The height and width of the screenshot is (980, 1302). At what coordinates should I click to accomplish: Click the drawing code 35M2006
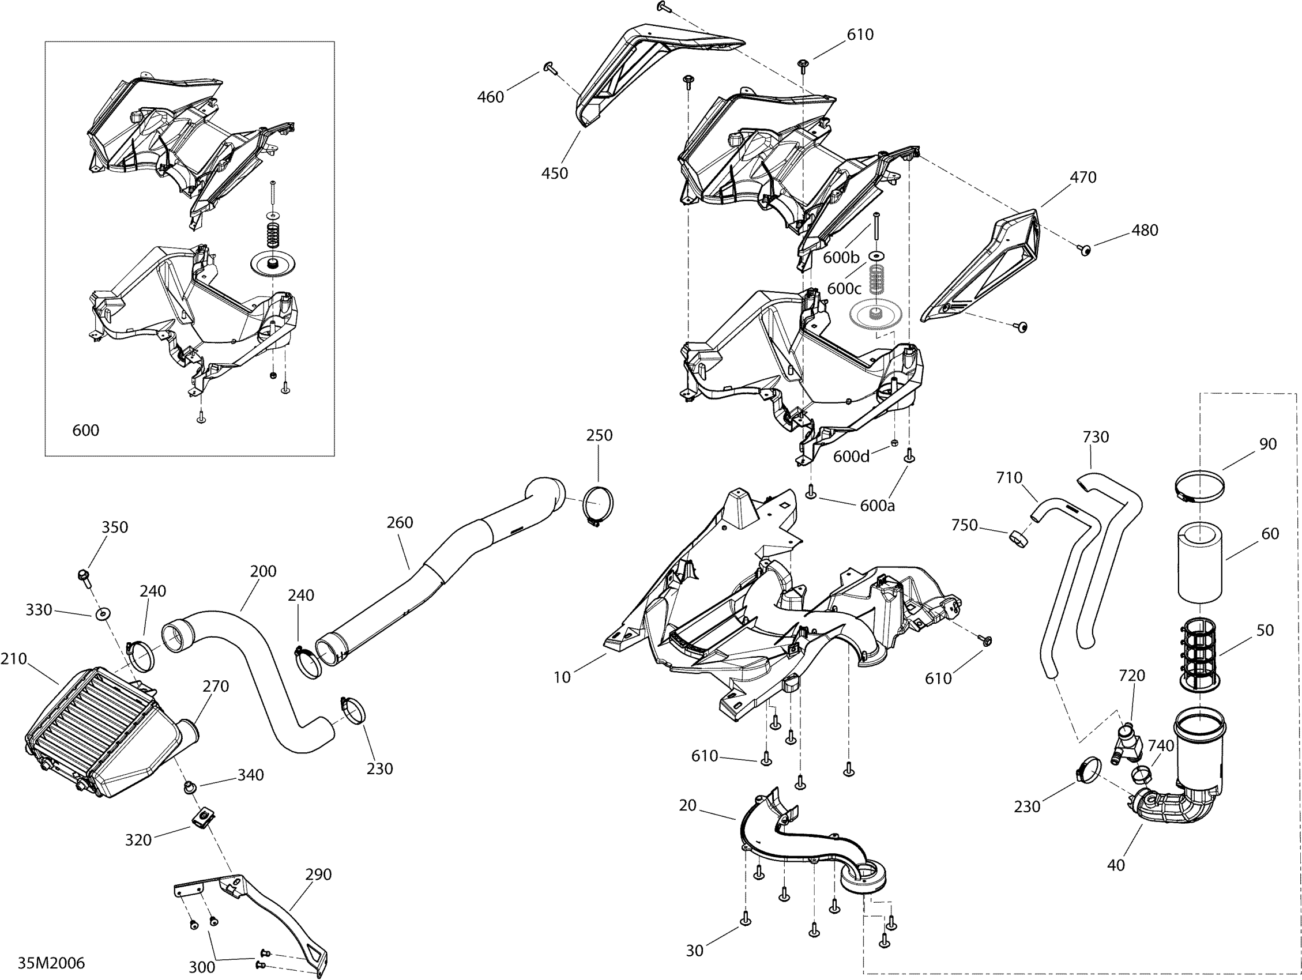pos(51,963)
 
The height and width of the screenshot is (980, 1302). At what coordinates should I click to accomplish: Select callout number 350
pos(114,527)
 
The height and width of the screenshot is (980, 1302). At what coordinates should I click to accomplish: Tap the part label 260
pos(400,522)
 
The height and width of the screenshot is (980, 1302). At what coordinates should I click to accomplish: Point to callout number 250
pos(599,435)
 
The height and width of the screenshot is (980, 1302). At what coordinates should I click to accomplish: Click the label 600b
pos(841,257)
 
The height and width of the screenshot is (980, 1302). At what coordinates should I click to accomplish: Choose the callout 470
pos(1083,176)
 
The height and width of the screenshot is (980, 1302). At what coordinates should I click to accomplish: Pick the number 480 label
pos(1144,230)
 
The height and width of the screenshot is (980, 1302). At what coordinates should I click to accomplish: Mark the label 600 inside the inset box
pos(85,430)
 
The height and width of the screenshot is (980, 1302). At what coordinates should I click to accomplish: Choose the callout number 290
pos(318,874)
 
